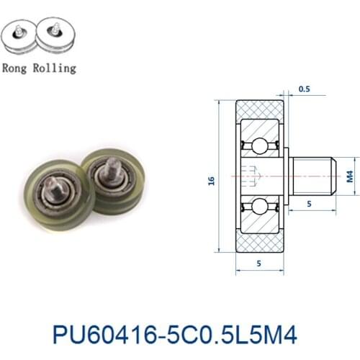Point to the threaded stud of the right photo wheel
click(112, 167)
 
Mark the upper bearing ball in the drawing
click(259, 147)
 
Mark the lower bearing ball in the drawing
click(259, 207)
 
